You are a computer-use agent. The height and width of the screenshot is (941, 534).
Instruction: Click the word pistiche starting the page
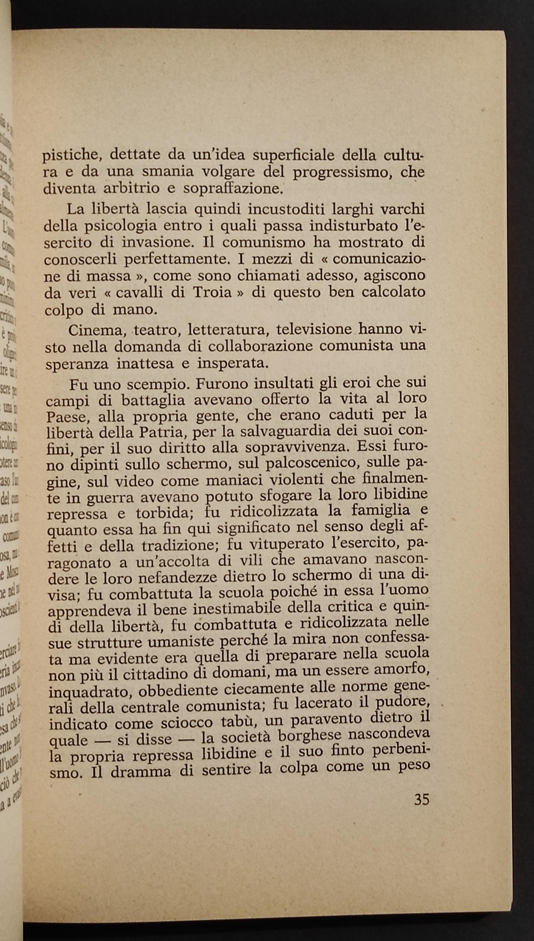tap(70, 155)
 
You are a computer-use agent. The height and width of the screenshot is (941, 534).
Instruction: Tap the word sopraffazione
tap(233, 189)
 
